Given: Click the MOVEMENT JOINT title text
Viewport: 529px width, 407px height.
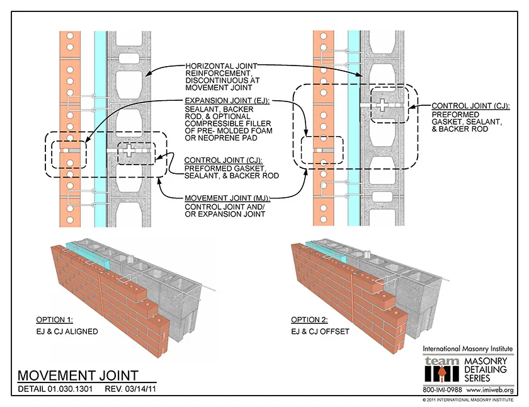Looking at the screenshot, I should click(77, 377).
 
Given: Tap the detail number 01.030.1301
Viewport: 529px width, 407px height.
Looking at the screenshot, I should click(70, 389).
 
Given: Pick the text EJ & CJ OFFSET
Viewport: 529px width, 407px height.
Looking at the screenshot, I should click(320, 331).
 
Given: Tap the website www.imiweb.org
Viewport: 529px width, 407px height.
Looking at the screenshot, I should click(491, 391).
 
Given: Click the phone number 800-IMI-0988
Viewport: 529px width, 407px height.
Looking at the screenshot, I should click(444, 391).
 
